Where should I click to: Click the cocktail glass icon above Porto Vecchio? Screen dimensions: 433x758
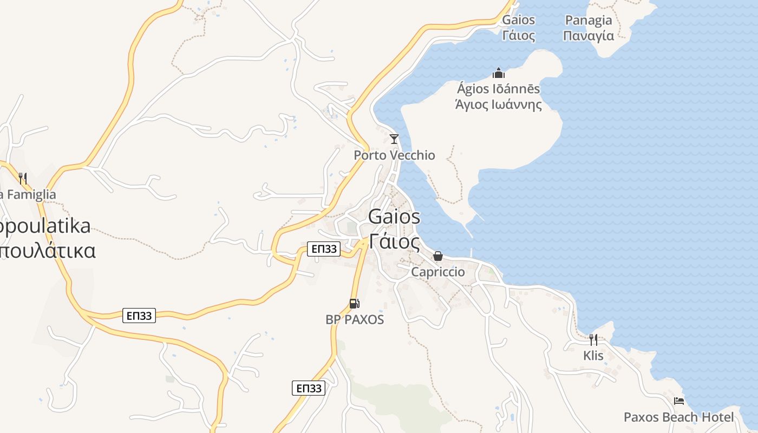[x=394, y=139]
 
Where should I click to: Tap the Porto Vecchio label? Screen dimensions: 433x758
[x=394, y=155]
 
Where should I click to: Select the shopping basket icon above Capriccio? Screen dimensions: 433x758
[x=438, y=256]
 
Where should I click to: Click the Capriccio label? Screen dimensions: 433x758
[x=438, y=272]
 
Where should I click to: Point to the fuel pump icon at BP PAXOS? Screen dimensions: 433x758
[x=354, y=304]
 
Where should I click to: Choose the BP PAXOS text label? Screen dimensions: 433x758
[x=355, y=320]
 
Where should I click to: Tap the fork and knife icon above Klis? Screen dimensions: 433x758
[x=593, y=340]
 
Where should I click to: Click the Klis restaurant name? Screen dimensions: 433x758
[x=593, y=356]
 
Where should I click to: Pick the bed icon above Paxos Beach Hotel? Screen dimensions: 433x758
[x=679, y=401]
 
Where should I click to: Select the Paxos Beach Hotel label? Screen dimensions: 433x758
[x=679, y=417]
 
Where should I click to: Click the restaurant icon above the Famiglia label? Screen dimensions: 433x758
[x=23, y=178]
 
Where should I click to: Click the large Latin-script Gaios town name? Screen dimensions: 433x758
[x=394, y=216]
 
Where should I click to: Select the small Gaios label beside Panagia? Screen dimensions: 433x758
[x=519, y=21]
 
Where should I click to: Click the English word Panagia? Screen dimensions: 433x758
[x=589, y=21]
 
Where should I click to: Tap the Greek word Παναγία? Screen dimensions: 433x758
[x=589, y=36]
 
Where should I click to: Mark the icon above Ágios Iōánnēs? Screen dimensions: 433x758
[x=499, y=73]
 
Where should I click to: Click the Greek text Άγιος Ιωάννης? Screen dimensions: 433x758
[x=499, y=104]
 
